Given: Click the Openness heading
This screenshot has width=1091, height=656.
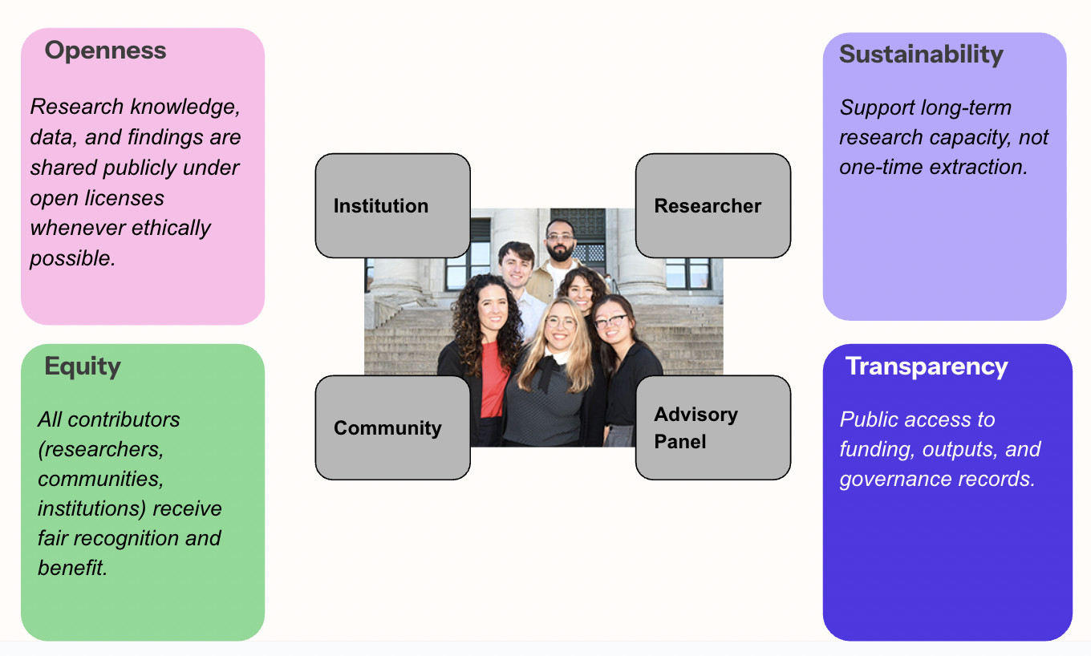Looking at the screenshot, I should [105, 51].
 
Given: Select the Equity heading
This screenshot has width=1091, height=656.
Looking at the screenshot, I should [83, 366].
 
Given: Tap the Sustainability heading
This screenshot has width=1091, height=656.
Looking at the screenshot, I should [921, 55].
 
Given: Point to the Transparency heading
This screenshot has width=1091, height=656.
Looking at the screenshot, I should [927, 366].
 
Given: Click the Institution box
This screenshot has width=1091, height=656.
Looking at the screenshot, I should [392, 206].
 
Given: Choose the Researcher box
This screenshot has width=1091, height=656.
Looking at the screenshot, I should [713, 206].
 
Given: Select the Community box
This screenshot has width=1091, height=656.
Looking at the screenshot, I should [392, 428].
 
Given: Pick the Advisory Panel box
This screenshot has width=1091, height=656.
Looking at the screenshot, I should [713, 428].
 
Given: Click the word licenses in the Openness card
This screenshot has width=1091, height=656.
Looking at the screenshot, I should [124, 198].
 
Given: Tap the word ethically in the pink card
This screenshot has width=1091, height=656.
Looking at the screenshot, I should [171, 228].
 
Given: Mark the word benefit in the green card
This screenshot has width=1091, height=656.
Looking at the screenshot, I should [71, 569].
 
